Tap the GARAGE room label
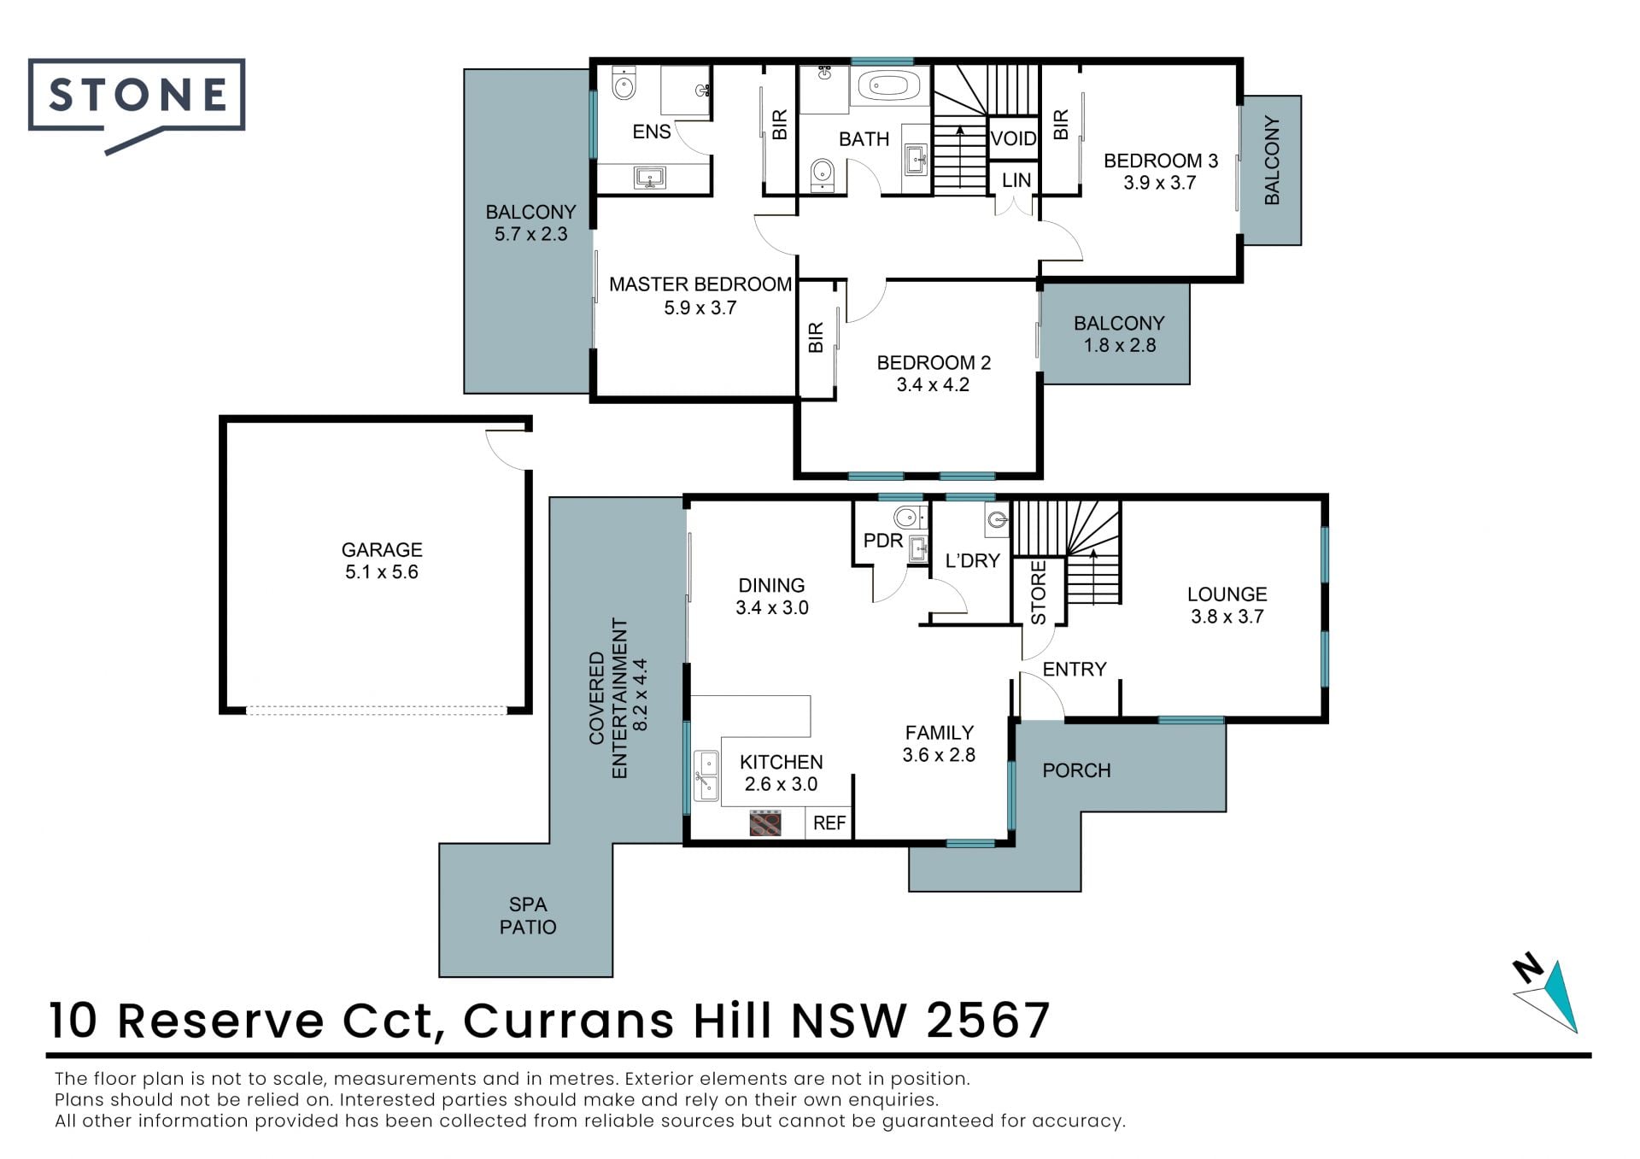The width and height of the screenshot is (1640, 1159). [382, 550]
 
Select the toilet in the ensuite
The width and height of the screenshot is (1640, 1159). [624, 85]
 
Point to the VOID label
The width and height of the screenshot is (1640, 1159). [1013, 138]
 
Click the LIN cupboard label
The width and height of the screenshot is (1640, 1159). [1016, 180]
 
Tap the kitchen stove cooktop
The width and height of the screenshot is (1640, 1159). [765, 823]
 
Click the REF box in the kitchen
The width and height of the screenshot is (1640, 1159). [829, 822]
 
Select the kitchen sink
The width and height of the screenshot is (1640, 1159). [706, 776]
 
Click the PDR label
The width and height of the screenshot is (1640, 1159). [882, 541]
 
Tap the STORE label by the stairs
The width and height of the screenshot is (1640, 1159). [1039, 593]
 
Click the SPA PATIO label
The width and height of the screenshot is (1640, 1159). [528, 916]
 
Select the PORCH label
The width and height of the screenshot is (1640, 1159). [1076, 770]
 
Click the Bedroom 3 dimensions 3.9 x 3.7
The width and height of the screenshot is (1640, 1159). [1159, 183]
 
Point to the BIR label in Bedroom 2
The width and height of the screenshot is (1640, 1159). [816, 337]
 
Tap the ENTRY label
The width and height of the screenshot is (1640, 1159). [1075, 669]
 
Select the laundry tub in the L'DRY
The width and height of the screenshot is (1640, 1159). [997, 519]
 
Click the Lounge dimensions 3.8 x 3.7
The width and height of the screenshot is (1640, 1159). [1227, 617]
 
